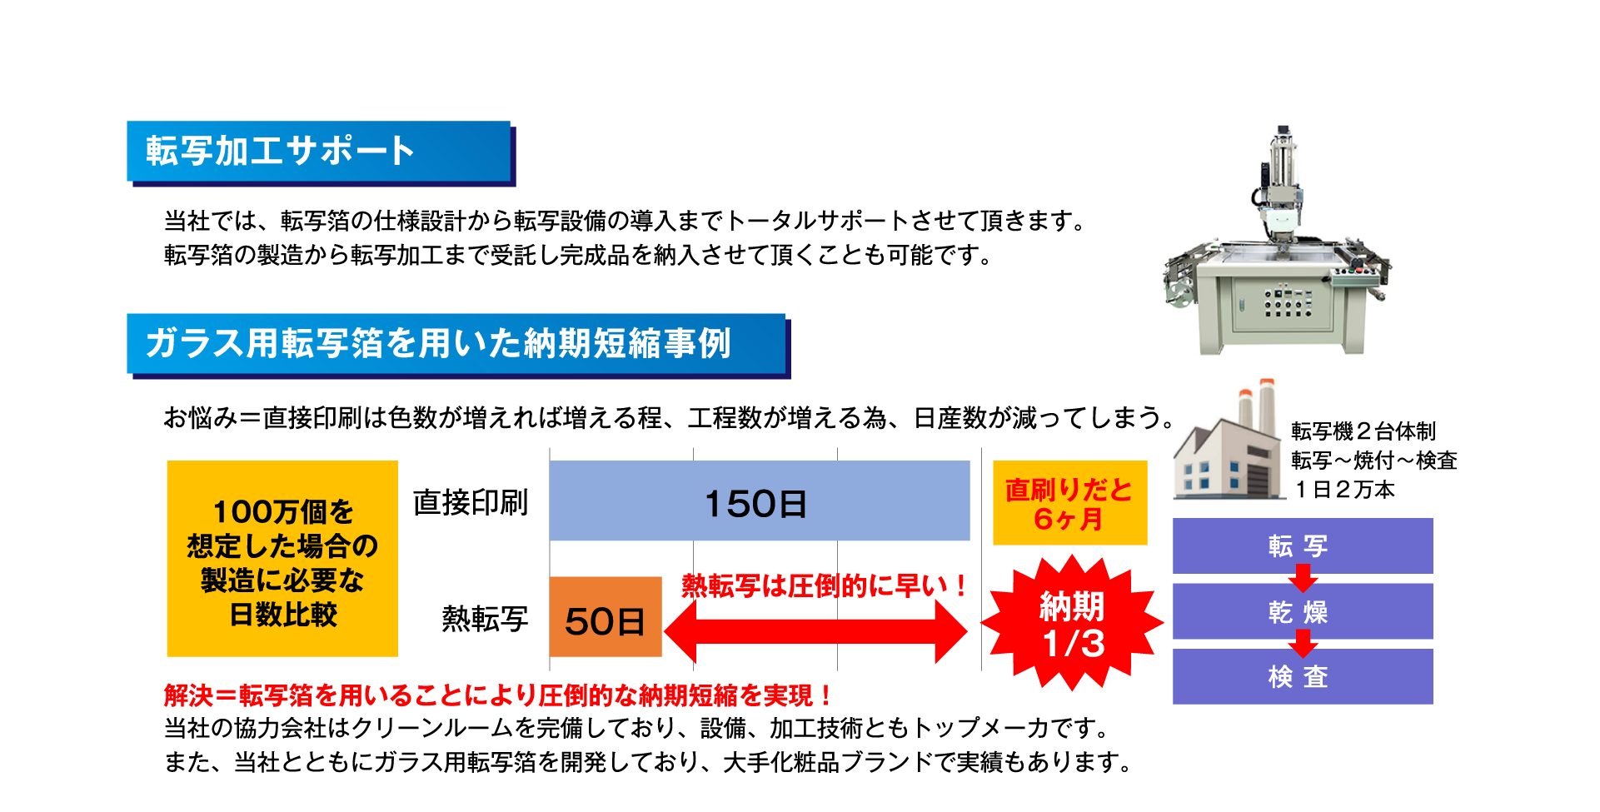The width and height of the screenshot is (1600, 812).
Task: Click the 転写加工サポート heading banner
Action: (319, 152)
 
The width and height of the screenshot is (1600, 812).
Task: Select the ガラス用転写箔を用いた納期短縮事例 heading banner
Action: (456, 343)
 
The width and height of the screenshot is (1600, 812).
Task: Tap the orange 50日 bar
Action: (605, 617)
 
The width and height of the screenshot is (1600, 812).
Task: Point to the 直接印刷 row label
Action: (471, 502)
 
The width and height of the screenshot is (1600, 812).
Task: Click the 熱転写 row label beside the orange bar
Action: (485, 619)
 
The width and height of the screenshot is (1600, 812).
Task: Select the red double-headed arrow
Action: (815, 631)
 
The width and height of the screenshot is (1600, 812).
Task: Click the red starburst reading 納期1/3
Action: (1072, 624)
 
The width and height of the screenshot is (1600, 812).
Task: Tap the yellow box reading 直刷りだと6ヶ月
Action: (1069, 504)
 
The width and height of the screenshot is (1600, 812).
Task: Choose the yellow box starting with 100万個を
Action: (282, 559)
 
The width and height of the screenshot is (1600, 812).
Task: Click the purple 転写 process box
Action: (1302, 545)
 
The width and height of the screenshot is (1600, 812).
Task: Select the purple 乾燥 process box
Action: (1302, 611)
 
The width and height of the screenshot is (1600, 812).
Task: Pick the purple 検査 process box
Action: (1302, 676)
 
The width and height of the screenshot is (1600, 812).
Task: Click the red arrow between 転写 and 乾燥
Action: (1303, 577)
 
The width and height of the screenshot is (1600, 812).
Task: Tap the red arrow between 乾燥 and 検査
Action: (1303, 643)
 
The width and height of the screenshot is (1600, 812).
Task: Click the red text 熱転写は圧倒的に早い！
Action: (823, 585)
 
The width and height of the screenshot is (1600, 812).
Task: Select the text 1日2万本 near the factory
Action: (1343, 490)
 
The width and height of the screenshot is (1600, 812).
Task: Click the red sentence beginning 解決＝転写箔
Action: (497, 695)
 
